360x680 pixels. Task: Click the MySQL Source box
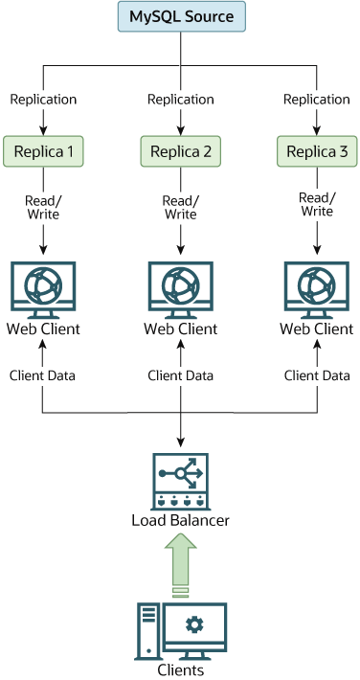tap(181, 17)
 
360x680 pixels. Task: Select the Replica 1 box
tap(43, 150)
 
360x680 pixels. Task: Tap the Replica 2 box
tap(181, 150)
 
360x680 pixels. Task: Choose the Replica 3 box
tap(318, 150)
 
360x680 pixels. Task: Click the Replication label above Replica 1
tap(43, 100)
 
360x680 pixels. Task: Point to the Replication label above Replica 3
tap(318, 100)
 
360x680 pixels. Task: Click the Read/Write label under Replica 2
tap(180, 207)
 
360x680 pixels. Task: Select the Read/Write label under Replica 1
tap(43, 207)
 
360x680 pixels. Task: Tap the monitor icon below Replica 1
tap(43, 287)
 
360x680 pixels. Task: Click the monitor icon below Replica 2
tap(181, 287)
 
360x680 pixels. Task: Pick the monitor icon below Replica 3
tap(317, 287)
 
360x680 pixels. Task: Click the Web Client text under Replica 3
tap(317, 329)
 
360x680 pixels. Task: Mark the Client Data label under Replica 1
tap(43, 375)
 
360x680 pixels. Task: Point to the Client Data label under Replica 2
tap(181, 375)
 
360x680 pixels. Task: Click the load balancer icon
tap(181, 480)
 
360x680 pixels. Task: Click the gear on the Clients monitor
tap(194, 624)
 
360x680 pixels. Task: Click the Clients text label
tap(181, 670)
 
